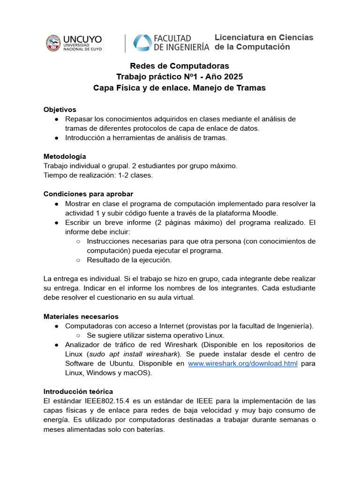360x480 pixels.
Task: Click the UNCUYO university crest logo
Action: coord(53,43)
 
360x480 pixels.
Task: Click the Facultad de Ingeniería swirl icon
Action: coord(142,43)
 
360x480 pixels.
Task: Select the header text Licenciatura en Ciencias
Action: coord(264,37)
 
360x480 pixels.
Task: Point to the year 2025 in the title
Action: coord(233,77)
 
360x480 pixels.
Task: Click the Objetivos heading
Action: coord(60,109)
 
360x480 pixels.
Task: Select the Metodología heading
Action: coord(65,156)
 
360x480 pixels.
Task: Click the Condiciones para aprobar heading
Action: coord(88,194)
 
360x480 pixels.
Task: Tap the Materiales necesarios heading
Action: coord(81,316)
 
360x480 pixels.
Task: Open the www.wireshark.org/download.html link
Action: coord(243,363)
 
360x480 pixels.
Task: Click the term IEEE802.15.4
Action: coord(100,401)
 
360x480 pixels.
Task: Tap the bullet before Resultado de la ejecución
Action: coord(78,260)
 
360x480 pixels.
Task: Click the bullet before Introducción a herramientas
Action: coord(56,137)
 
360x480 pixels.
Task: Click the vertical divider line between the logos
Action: coord(125,43)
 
